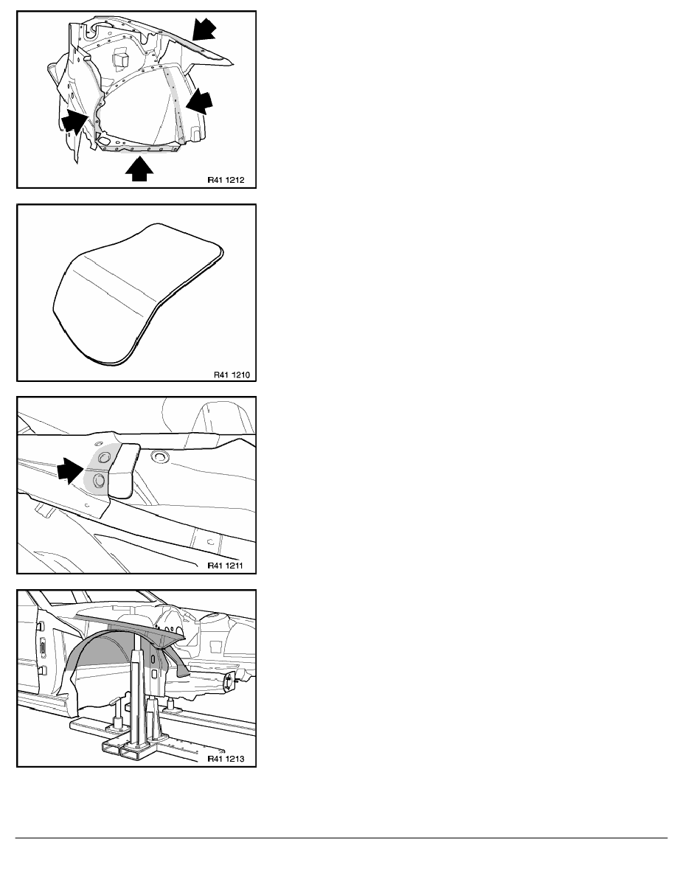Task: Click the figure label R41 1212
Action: pyautogui.click(x=226, y=180)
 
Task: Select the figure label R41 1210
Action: pyautogui.click(x=232, y=375)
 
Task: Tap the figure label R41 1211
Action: pyautogui.click(x=226, y=565)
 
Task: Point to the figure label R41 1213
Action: pyautogui.click(x=226, y=759)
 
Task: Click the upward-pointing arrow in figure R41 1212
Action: pyautogui.click(x=139, y=170)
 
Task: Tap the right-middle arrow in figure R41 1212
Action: pyautogui.click(x=199, y=102)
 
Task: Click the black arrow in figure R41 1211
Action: pyautogui.click(x=70, y=470)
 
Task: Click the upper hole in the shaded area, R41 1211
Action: pyautogui.click(x=103, y=458)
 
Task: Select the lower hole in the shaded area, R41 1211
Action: pyautogui.click(x=99, y=479)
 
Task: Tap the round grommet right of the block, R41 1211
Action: pyautogui.click(x=160, y=457)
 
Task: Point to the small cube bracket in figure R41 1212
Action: pyautogui.click(x=121, y=60)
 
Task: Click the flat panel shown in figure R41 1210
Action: pyautogui.click(x=137, y=293)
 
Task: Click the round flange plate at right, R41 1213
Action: pyautogui.click(x=228, y=682)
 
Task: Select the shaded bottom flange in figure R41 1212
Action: pyautogui.click(x=139, y=149)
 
